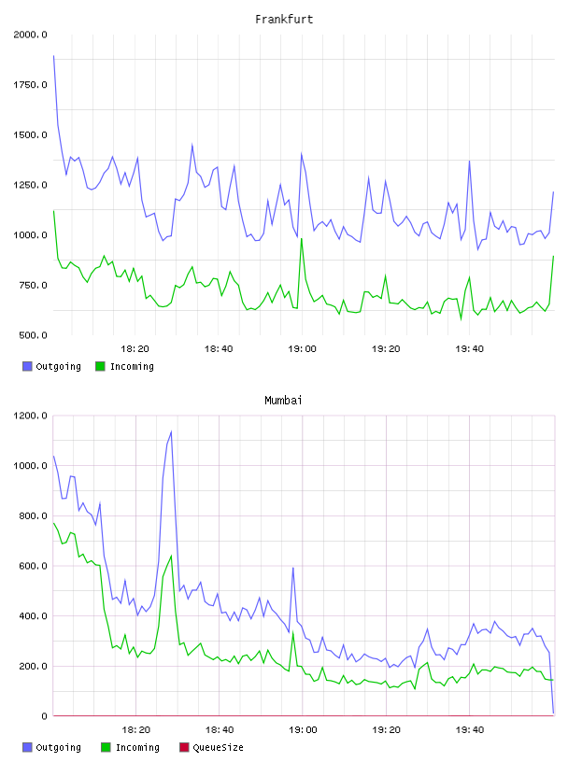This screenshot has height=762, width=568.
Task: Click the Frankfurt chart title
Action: click(284, 20)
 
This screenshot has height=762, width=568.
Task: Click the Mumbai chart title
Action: click(283, 401)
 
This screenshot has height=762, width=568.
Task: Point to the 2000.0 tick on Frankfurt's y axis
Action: click(30, 35)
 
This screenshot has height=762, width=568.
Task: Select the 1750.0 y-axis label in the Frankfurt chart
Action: click(30, 85)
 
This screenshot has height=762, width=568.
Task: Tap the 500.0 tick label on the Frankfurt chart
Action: click(33, 335)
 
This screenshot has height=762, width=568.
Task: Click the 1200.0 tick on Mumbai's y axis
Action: click(30, 416)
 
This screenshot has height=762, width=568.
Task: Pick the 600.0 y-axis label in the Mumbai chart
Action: click(33, 566)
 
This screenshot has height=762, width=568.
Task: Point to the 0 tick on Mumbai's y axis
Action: click(44, 716)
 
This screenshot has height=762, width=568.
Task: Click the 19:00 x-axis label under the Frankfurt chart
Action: click(302, 349)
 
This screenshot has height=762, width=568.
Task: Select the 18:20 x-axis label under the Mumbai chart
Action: click(135, 730)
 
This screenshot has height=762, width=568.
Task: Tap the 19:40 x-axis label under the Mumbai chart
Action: click(470, 730)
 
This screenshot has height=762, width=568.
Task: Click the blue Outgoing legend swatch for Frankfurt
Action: click(27, 366)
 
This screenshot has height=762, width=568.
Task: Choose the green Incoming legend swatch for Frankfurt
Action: click(100, 366)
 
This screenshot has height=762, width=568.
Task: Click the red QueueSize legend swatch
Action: click(184, 747)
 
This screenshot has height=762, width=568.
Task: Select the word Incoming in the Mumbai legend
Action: click(137, 747)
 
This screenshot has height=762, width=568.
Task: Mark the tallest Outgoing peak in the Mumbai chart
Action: click(171, 431)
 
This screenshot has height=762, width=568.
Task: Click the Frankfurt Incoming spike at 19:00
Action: click(302, 239)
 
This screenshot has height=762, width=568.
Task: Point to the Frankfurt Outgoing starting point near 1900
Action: click(53, 56)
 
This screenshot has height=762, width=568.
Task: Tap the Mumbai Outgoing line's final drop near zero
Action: click(553, 713)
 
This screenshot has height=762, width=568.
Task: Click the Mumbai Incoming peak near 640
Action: click(171, 556)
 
